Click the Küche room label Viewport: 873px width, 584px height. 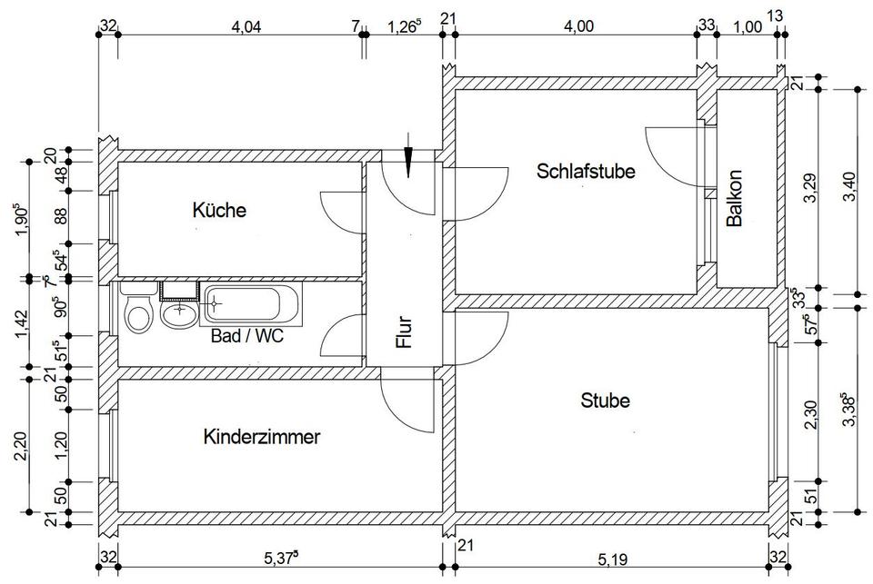click(x=219, y=210)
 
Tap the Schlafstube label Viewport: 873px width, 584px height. click(x=586, y=171)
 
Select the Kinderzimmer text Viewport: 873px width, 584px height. click(x=262, y=437)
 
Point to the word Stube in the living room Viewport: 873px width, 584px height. click(x=606, y=401)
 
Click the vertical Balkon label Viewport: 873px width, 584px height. click(x=735, y=198)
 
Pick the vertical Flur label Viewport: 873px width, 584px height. click(x=405, y=332)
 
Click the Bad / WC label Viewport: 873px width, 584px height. click(x=247, y=336)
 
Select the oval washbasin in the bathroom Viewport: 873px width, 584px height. click(x=179, y=312)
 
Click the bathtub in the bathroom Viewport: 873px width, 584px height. click(x=251, y=303)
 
